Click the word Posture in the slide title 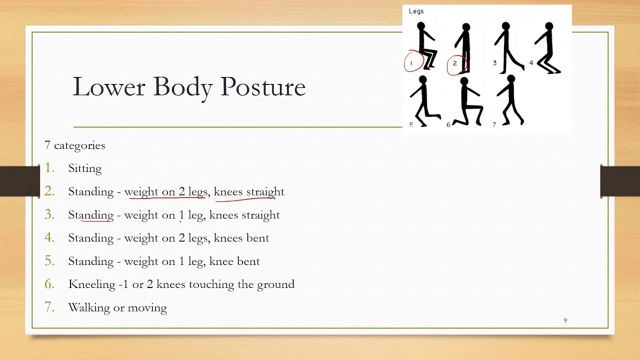(x=263, y=87)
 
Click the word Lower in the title (x=109, y=86)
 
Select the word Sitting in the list (x=85, y=168)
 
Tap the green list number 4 (x=49, y=237)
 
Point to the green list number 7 (x=49, y=307)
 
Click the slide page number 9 (x=565, y=320)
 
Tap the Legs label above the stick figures (x=416, y=11)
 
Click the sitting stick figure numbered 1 (x=426, y=46)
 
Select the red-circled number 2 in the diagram (x=455, y=63)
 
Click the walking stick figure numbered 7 (x=511, y=101)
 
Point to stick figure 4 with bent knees (x=549, y=48)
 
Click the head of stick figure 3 (x=506, y=26)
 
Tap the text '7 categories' (x=75, y=145)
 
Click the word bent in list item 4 (x=258, y=238)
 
